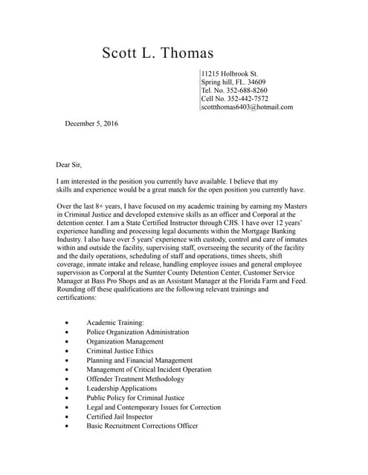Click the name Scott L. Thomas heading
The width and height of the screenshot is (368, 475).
158,53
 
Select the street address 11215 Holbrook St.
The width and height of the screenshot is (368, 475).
230,74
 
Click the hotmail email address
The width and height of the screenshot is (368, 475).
247,107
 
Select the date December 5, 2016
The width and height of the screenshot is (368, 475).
91,123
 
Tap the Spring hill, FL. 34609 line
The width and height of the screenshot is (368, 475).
233,82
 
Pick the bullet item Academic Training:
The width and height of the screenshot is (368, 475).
115,323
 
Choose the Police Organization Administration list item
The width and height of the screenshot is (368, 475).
138,332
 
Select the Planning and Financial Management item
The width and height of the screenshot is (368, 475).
139,360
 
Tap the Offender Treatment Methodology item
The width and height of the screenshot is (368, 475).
135,379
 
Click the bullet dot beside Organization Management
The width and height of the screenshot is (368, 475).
68,342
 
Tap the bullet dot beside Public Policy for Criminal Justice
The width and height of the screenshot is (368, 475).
68,399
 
